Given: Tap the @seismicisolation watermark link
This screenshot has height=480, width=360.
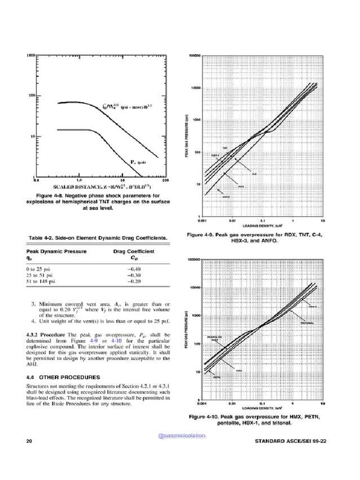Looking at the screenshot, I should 182,435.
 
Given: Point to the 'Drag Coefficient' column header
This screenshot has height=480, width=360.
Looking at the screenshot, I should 134,251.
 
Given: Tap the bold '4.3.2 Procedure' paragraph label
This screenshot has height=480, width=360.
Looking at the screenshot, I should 46,335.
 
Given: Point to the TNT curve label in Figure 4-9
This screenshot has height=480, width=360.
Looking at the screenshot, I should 225,149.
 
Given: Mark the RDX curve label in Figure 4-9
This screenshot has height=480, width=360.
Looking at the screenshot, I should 242,186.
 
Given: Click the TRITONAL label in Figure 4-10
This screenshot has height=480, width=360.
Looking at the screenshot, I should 307,323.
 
